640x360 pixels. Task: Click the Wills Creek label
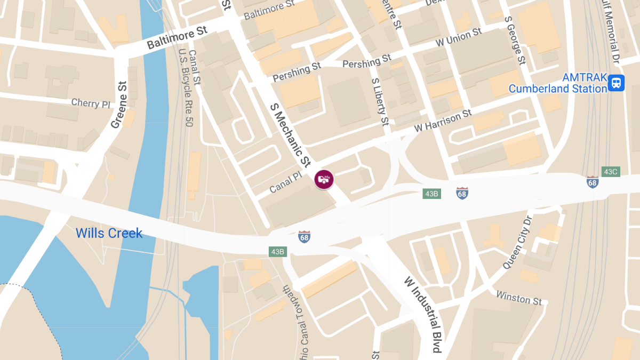tap(109, 233)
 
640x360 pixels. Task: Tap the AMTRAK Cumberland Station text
tap(558, 83)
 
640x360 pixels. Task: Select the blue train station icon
tap(617, 82)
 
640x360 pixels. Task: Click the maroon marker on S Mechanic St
tap(324, 179)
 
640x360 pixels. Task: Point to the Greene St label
tap(119, 105)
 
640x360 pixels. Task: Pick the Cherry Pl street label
tap(91, 102)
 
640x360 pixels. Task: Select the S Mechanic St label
tap(290, 134)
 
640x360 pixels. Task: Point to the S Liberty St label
tap(380, 102)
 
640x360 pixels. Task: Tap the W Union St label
tap(459, 37)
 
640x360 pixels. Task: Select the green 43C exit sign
tap(610, 172)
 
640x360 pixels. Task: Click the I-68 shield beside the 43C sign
tap(592, 181)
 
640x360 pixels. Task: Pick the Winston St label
tap(519, 298)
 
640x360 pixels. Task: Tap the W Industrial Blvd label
tap(422, 315)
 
